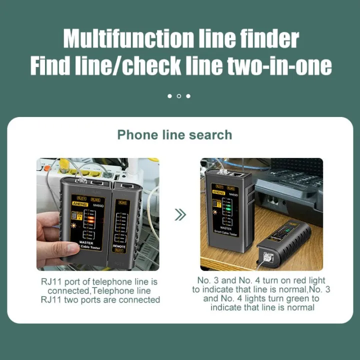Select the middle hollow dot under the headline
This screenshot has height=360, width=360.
[179, 96]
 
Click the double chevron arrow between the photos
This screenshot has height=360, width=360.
[180, 215]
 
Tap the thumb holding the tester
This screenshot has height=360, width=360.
[56, 248]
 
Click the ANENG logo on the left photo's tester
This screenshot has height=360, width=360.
[79, 204]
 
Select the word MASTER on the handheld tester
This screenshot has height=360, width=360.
[86, 243]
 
